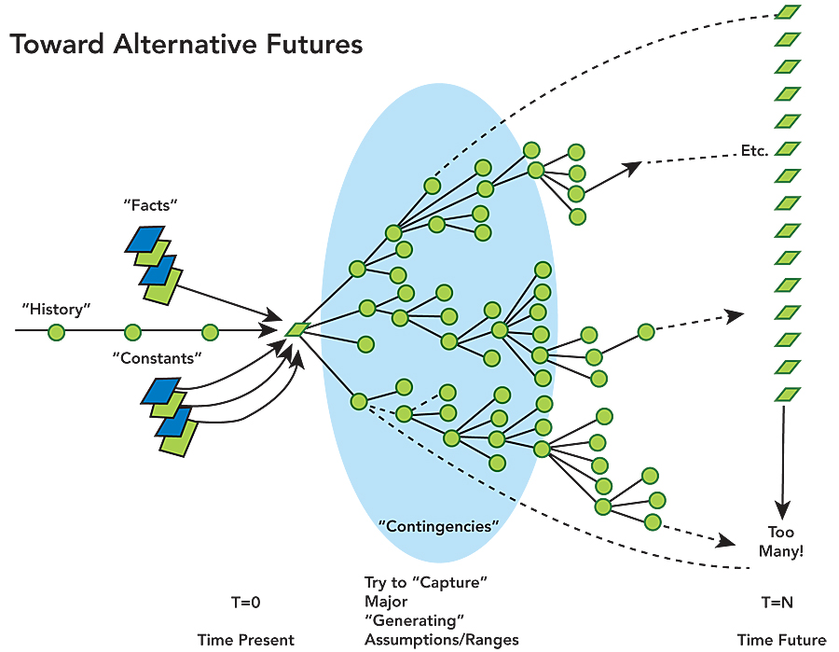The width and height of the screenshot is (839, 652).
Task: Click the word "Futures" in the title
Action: (x=312, y=44)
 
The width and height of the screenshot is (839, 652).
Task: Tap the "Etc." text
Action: (x=753, y=150)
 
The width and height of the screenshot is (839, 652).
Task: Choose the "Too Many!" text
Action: (x=781, y=542)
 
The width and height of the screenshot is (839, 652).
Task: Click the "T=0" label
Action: (x=245, y=603)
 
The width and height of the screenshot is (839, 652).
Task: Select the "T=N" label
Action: (x=777, y=603)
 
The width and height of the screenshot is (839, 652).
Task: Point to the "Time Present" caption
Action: (x=245, y=640)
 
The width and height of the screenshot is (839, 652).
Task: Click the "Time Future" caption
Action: (x=781, y=640)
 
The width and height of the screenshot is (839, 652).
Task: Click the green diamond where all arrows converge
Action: (x=297, y=328)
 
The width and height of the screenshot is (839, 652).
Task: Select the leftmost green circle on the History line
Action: (x=56, y=331)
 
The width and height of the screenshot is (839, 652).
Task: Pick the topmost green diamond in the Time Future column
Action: (x=789, y=12)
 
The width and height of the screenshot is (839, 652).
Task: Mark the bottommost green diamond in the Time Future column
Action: (x=789, y=395)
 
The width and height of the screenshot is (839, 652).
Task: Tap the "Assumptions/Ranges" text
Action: (x=441, y=640)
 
